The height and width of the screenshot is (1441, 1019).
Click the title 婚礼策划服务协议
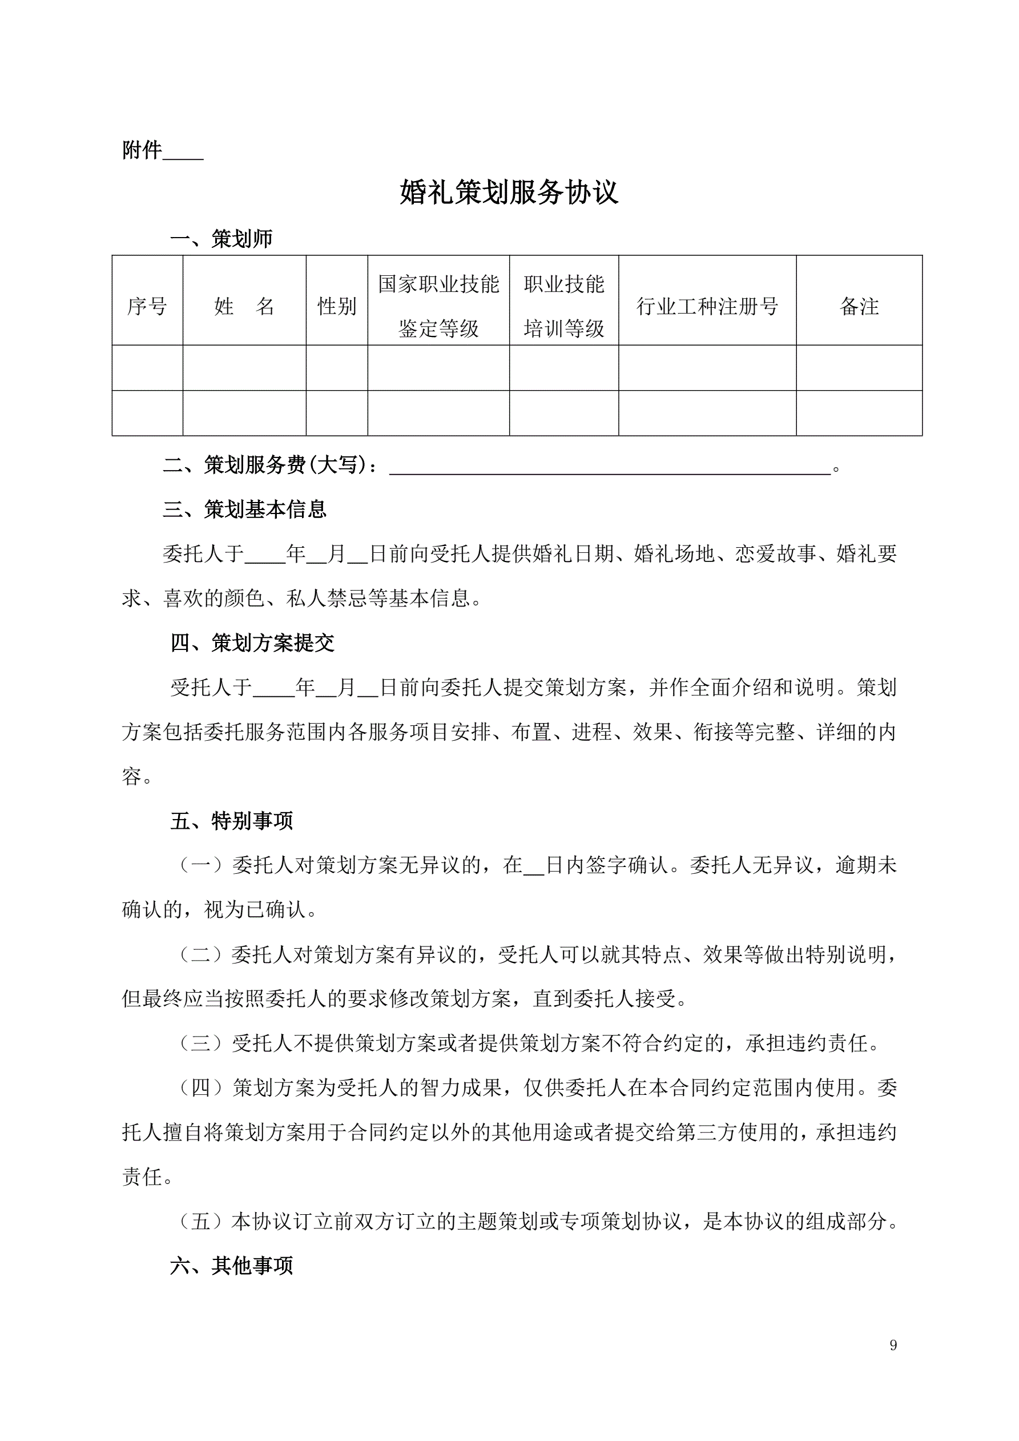click(x=509, y=192)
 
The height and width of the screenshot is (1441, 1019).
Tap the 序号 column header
click(x=147, y=306)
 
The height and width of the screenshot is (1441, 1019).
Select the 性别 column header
click(x=337, y=306)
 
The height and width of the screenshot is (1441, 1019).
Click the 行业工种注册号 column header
click(x=707, y=306)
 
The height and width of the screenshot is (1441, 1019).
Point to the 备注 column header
click(x=859, y=306)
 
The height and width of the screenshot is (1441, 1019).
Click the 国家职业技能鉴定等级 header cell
click(x=438, y=306)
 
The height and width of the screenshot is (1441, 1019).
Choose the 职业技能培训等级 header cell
click(x=564, y=306)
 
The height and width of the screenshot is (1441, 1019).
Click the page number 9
click(x=893, y=1345)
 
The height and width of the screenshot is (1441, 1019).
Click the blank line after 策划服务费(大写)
click(x=610, y=469)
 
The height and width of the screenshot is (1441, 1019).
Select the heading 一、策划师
click(x=221, y=239)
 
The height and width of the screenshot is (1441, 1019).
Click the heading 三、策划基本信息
click(x=245, y=509)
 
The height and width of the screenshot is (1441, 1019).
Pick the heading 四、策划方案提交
click(x=252, y=643)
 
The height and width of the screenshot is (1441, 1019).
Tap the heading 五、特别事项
click(x=232, y=821)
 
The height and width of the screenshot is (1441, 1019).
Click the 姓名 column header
click(x=244, y=306)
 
